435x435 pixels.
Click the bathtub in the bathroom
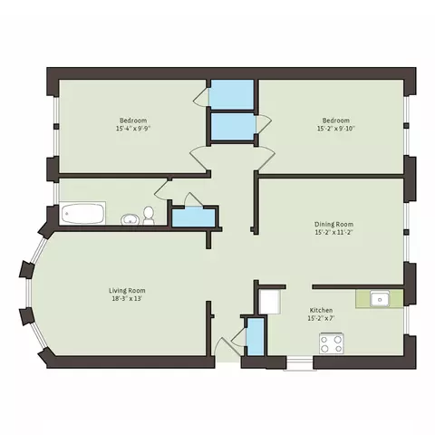click(x=82, y=213)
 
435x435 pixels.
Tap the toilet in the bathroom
click(x=149, y=215)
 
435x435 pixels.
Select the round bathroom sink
click(x=130, y=219)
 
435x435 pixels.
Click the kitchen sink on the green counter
click(x=380, y=299)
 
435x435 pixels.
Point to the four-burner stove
click(x=332, y=343)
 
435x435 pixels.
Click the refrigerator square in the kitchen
click(x=270, y=301)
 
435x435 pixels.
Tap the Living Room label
click(x=127, y=291)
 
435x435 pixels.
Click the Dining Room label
click(x=333, y=225)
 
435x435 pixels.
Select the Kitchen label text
click(x=321, y=310)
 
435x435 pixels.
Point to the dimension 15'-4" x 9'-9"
click(x=133, y=129)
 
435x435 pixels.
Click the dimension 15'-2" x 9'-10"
click(x=336, y=129)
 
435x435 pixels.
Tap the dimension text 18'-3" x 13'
click(x=127, y=299)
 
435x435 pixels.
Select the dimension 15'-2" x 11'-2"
click(x=333, y=233)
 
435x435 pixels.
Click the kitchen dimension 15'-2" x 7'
click(x=321, y=318)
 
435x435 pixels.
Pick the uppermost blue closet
click(x=232, y=94)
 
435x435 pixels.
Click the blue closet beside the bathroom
click(x=193, y=217)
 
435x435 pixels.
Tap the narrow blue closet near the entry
click(x=256, y=337)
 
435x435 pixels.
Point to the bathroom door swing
click(x=160, y=190)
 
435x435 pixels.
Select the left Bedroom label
click(x=133, y=121)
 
